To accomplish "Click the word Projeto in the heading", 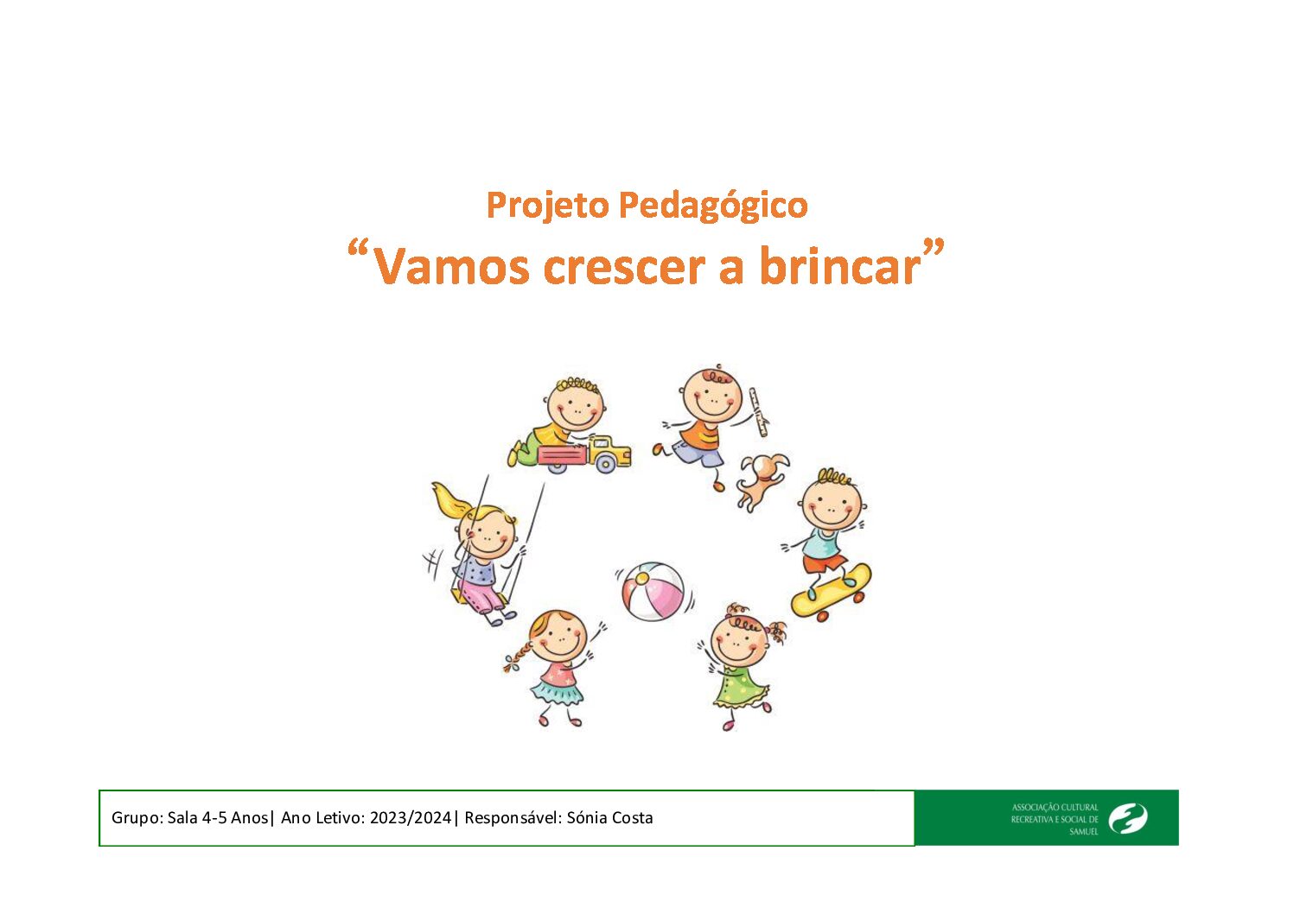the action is coord(548,206).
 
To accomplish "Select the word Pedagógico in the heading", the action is coord(713,206).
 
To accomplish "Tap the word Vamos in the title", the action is coord(452,267).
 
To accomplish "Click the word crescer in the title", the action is coord(624,269).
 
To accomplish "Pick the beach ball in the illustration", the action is coord(653,592).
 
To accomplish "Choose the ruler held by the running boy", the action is coord(758,412).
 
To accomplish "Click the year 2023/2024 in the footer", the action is coord(411,818).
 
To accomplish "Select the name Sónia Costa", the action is coord(610,818).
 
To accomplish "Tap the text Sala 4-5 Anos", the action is coord(218,818).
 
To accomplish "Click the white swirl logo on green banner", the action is coord(1128,819).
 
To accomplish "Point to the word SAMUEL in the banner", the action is coord(1084,832).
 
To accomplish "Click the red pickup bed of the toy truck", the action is coord(563,455).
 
